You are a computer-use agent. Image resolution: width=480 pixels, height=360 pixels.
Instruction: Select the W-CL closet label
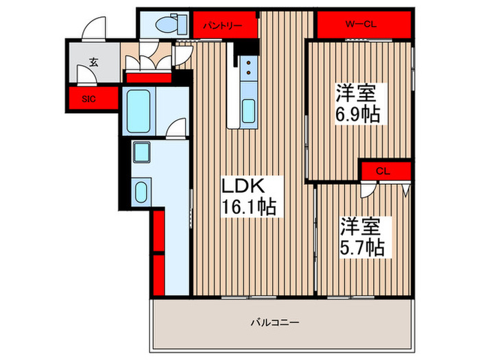[363, 25]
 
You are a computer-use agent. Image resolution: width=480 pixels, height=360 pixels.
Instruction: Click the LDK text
[241, 186]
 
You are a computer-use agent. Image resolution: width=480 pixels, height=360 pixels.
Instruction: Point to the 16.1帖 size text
[248, 207]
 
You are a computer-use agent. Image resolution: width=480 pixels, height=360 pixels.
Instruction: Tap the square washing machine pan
[142, 152]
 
